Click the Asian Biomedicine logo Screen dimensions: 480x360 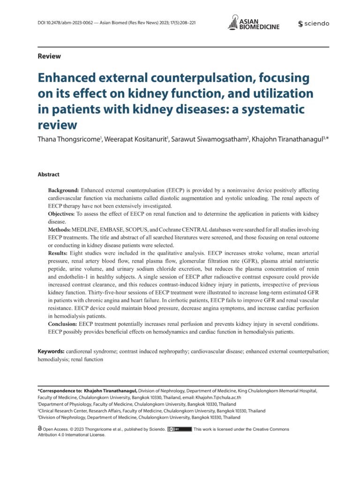(x=253, y=22)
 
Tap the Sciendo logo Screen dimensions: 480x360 (x=314, y=24)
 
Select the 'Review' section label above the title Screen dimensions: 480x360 (x=49, y=56)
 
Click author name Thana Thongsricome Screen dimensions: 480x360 (x=68, y=141)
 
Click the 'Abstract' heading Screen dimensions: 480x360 (x=49, y=174)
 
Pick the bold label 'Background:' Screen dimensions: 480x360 (x=64, y=191)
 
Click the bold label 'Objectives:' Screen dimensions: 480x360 (x=62, y=214)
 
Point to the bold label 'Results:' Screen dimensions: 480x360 (x=59, y=253)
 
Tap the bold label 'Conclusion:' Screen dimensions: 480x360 (x=63, y=324)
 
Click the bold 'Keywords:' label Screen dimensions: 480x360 (x=51, y=351)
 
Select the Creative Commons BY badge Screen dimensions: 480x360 (x=180, y=429)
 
